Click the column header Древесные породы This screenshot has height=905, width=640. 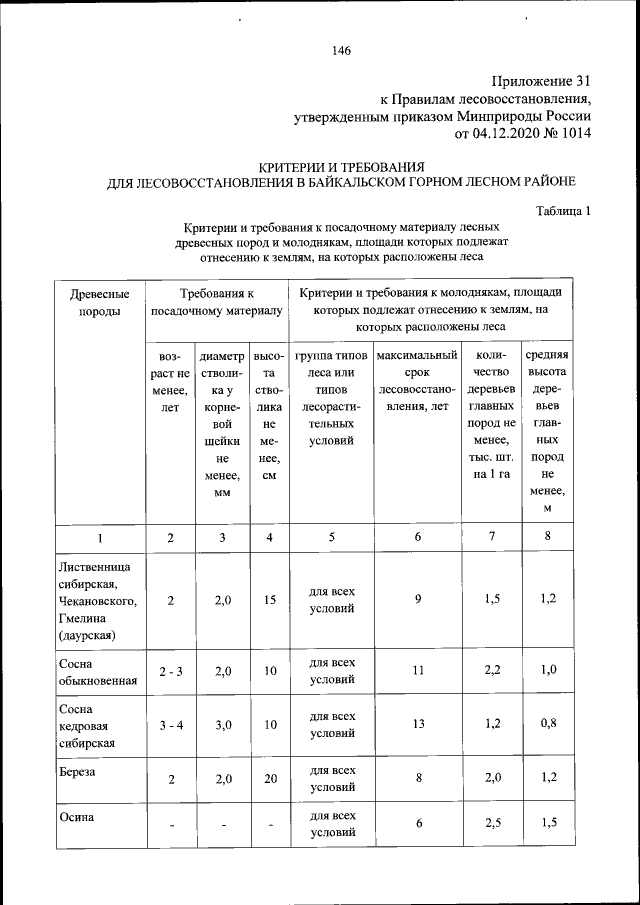(98, 302)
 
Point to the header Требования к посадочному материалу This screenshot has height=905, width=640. (216, 302)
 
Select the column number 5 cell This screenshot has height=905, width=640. (331, 537)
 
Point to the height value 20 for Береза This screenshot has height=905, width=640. (269, 779)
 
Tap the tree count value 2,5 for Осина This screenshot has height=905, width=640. (491, 823)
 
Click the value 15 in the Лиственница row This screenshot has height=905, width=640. (269, 601)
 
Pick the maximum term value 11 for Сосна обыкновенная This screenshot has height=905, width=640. (417, 671)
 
